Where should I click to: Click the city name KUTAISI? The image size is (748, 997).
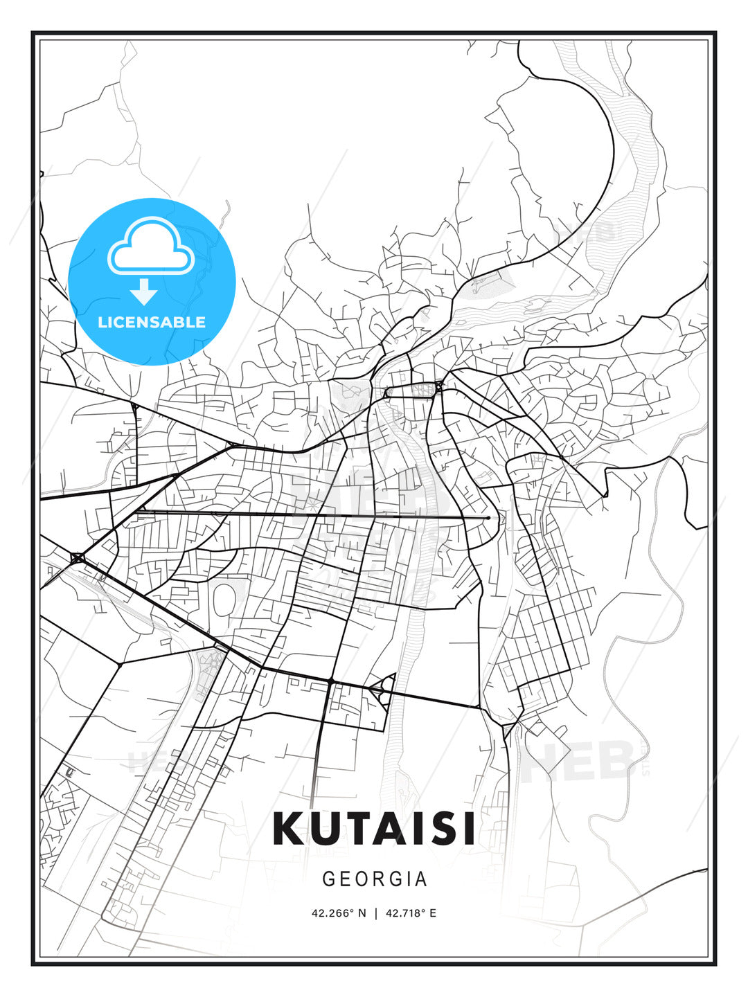click(x=374, y=828)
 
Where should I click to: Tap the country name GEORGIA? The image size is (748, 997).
click(x=375, y=879)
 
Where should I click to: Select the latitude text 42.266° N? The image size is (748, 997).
click(x=339, y=913)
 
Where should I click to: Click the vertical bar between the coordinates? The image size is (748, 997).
click(x=375, y=913)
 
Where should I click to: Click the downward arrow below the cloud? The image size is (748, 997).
click(x=145, y=292)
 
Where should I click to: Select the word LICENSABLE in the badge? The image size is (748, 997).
click(x=152, y=322)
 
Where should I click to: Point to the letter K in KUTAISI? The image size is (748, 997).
click(x=290, y=828)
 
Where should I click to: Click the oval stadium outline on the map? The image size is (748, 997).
click(x=224, y=600)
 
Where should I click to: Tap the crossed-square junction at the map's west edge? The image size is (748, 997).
click(x=77, y=558)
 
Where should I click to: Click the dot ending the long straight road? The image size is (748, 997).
click(x=488, y=517)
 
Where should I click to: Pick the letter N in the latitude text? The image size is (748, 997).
click(x=361, y=913)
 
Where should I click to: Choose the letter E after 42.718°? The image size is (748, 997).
click(x=433, y=913)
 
